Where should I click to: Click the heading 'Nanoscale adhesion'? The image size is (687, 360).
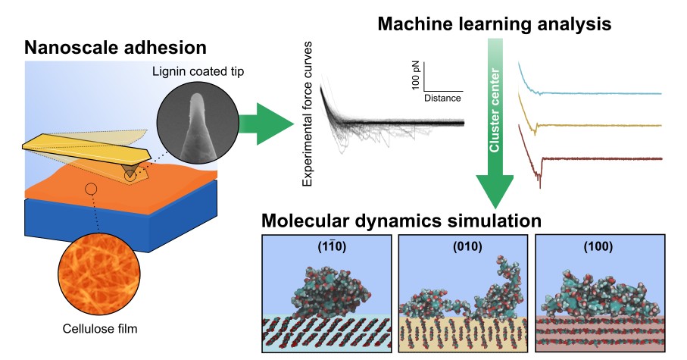click(x=115, y=48)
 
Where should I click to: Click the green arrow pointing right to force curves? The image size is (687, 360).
click(x=265, y=122)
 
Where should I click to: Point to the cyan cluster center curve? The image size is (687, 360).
click(x=598, y=93)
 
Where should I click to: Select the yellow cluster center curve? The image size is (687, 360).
click(x=598, y=125)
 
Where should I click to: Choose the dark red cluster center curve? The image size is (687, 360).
click(x=598, y=158)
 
